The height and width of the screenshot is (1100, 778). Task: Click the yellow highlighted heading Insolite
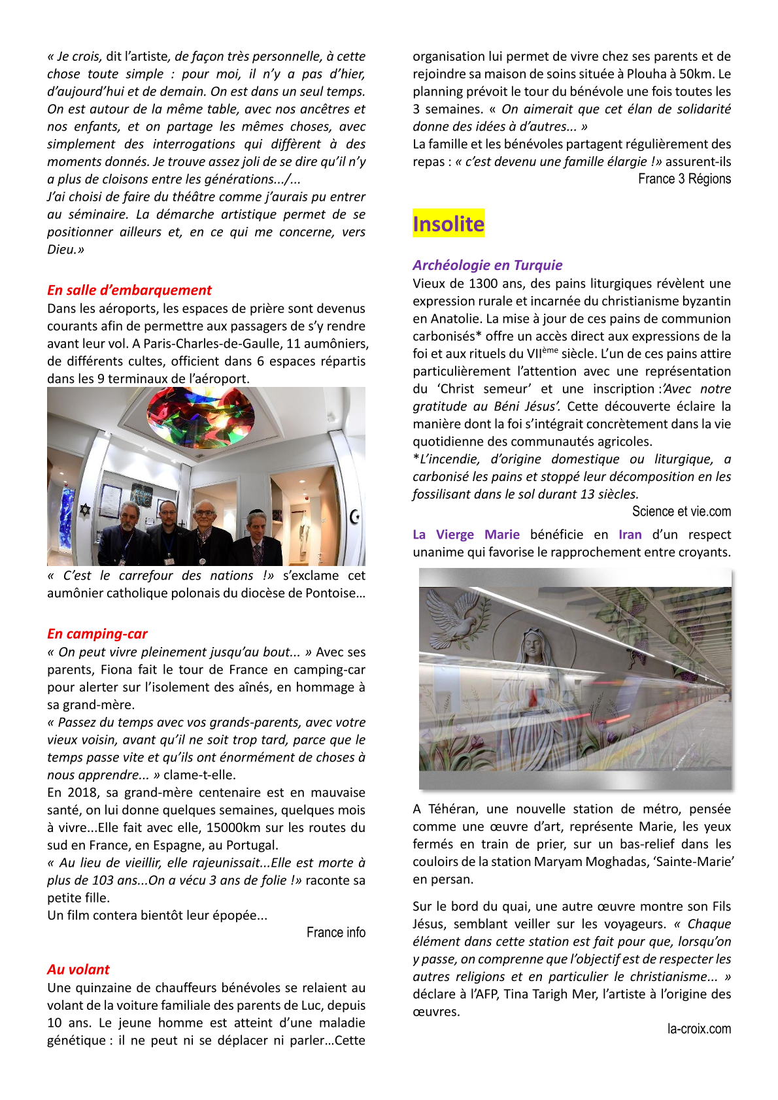[448, 224]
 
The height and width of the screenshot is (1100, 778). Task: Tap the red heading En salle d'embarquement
[129, 290]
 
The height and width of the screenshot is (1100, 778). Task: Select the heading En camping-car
[97, 634]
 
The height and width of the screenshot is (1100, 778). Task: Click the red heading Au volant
[78, 970]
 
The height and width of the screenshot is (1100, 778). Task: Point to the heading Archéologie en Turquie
[487, 265]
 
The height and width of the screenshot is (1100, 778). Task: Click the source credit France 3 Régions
[685, 179]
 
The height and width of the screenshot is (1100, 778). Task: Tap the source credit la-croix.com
[699, 1029]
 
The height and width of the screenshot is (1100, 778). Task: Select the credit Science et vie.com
[681, 512]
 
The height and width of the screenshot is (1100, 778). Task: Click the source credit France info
[336, 933]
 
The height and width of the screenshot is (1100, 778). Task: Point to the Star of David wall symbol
[84, 509]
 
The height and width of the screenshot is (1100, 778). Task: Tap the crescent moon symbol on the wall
[355, 517]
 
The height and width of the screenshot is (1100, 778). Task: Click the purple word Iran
[630, 535]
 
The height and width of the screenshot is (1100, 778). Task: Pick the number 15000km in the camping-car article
[233, 828]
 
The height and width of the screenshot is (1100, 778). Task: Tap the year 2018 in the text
[85, 793]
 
